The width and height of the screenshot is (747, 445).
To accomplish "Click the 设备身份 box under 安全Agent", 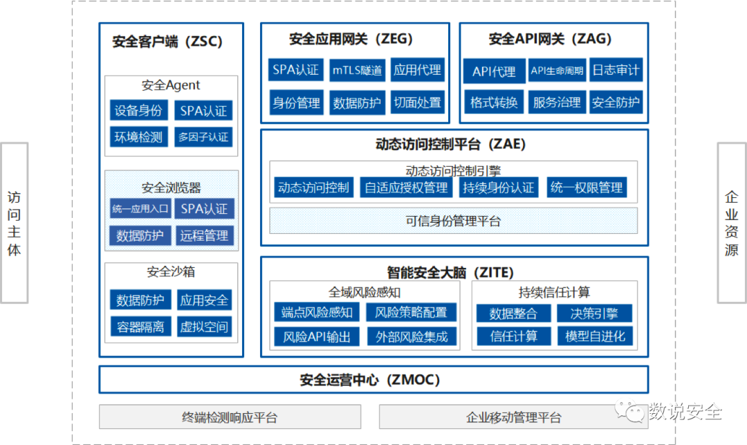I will pos(138,111).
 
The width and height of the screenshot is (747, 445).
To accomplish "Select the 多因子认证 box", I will pos(203,137).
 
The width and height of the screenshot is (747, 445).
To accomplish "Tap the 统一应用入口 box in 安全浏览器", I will pos(139,208).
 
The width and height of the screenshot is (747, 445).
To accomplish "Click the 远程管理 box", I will pos(204,235).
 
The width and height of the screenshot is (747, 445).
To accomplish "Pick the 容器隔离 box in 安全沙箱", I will pos(140,327).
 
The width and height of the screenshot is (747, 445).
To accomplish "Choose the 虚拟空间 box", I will pos(204,327).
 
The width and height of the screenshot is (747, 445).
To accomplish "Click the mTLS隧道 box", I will pos(357,70).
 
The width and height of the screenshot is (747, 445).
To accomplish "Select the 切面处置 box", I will pos(417,102).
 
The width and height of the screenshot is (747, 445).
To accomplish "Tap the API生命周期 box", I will pos(557,71).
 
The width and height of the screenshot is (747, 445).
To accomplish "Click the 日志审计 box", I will pos(616,70).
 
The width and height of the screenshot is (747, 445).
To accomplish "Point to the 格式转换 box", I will pos(494,102).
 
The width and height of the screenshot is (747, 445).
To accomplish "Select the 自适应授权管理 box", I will pos(406,188).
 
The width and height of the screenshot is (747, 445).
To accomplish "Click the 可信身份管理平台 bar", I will pos(453,221).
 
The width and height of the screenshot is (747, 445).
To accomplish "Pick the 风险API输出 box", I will pos(317,337).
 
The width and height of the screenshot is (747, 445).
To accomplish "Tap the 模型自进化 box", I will pos(595,336).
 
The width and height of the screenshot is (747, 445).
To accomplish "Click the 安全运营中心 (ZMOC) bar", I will pos(373,379).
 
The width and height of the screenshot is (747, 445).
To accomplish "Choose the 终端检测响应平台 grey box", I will pos(230,417).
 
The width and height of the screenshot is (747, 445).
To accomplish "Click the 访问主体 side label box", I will pos(14,223).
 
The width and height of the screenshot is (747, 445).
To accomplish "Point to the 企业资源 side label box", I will pos(731,223).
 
